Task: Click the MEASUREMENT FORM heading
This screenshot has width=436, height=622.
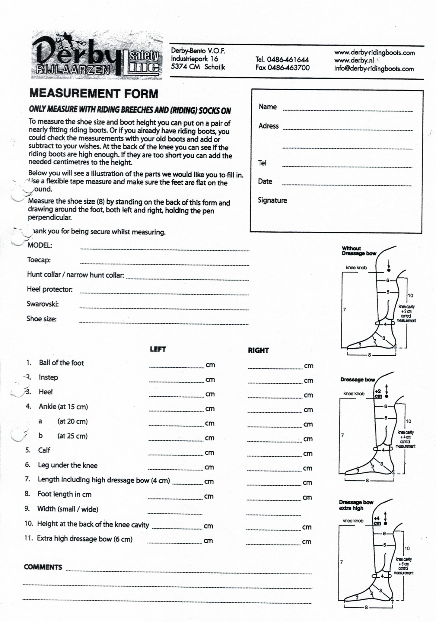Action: (x=94, y=94)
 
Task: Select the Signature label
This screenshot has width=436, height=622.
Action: (x=272, y=200)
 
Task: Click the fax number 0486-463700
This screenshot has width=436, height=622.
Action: (x=282, y=68)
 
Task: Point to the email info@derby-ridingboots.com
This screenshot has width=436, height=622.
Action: (x=374, y=68)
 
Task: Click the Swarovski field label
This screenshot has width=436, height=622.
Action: (x=43, y=304)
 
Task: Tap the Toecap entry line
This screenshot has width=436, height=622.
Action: (x=164, y=263)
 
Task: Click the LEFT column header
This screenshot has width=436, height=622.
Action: (x=158, y=349)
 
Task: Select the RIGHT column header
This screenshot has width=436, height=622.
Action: (x=258, y=350)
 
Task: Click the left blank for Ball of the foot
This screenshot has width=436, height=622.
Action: (x=177, y=365)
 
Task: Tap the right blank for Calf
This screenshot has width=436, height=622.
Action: (x=274, y=454)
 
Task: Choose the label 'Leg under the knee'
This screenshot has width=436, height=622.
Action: (x=68, y=465)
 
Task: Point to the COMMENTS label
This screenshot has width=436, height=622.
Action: (x=43, y=567)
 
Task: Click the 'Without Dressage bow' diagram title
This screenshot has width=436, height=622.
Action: (x=358, y=251)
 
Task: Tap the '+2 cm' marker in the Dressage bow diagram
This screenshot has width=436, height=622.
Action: (x=378, y=393)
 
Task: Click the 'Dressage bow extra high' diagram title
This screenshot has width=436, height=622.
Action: (x=356, y=505)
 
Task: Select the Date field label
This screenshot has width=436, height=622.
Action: (x=265, y=181)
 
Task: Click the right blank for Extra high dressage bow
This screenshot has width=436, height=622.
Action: (x=273, y=542)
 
